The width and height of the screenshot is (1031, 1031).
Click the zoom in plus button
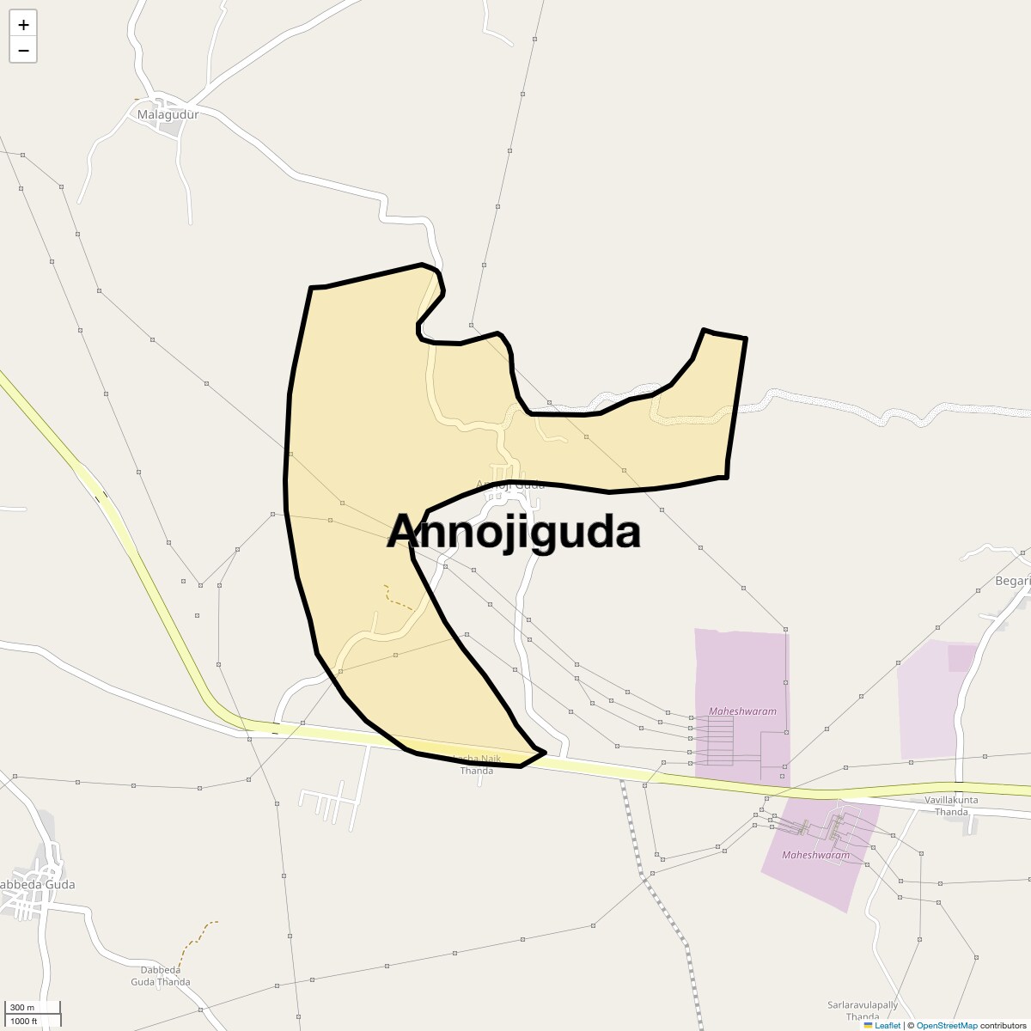[23, 25]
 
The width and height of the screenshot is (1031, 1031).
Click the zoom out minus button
[23, 50]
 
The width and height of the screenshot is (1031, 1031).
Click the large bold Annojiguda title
[514, 532]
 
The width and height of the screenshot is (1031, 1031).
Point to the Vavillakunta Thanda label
[950, 805]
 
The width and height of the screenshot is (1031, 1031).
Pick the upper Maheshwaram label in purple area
[742, 711]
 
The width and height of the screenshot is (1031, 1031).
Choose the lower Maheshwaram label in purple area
[815, 855]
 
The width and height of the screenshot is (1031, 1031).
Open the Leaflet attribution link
[887, 1025]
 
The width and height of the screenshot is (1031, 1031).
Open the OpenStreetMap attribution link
[946, 1025]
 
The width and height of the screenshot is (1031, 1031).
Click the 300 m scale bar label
[23, 1008]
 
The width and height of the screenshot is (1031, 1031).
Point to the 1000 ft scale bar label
[24, 1021]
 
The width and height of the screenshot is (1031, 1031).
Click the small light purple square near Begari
[961, 658]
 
